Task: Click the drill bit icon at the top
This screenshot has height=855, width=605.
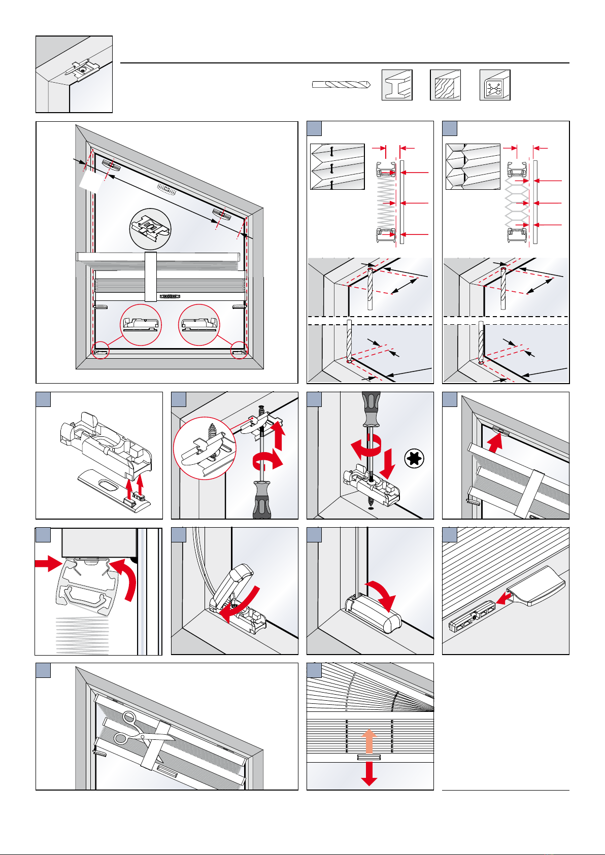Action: [x=341, y=85]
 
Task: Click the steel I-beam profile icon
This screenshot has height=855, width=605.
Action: [x=397, y=85]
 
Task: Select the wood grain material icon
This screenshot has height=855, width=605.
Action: [x=445, y=85]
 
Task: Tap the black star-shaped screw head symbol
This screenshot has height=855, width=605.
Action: [x=414, y=459]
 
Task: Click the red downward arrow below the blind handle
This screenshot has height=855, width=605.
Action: [x=369, y=774]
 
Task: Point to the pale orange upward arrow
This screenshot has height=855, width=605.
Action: [x=369, y=740]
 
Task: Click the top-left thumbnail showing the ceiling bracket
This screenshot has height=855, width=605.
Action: [x=74, y=74]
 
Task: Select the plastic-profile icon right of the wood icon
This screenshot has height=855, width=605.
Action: [x=495, y=85]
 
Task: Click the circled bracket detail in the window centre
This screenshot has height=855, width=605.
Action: [x=150, y=229]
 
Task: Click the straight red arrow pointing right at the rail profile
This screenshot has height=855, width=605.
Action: [x=48, y=563]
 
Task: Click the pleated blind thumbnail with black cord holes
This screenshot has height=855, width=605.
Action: [x=337, y=166]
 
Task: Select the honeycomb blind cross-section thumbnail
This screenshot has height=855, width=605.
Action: [x=473, y=166]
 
